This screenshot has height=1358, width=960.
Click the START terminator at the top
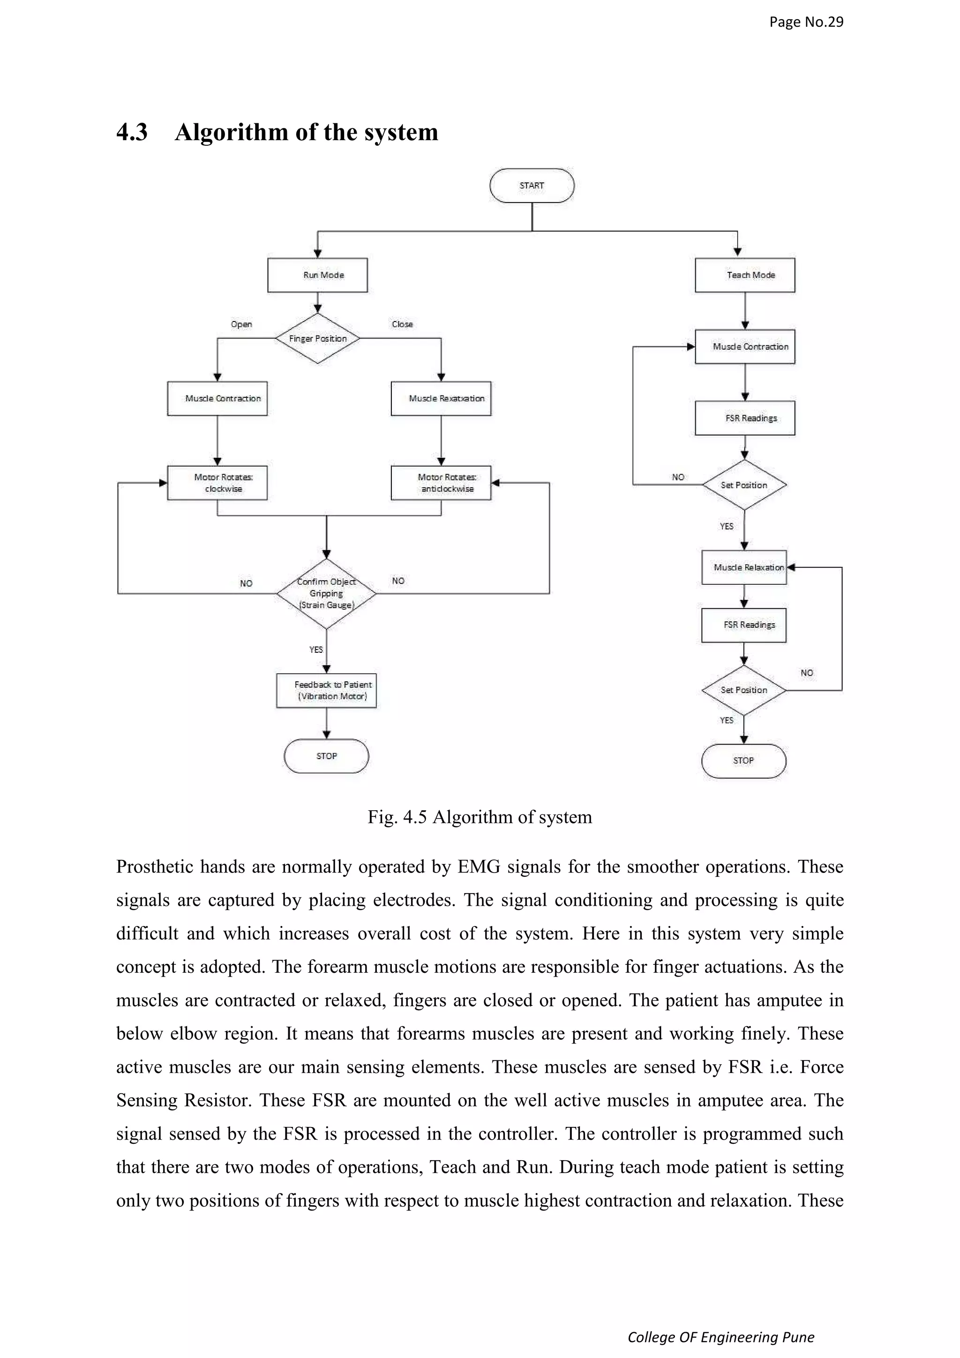click(531, 186)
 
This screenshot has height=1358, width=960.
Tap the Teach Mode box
click(745, 275)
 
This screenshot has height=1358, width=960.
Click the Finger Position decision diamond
click(318, 338)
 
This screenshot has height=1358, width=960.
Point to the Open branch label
click(241, 324)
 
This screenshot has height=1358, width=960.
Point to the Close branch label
click(402, 324)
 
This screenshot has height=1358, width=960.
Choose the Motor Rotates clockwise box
click(217, 483)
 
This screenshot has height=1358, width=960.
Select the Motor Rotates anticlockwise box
click(441, 483)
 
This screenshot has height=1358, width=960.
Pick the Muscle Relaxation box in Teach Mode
click(744, 567)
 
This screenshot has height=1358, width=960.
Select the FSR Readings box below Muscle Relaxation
click(744, 625)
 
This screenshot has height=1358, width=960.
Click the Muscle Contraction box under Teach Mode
click(745, 347)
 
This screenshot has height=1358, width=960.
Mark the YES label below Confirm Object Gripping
click(316, 649)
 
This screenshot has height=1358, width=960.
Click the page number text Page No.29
click(806, 22)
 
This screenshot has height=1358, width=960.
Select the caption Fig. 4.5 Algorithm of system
click(479, 817)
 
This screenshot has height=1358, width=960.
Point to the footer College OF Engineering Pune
click(720, 1337)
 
